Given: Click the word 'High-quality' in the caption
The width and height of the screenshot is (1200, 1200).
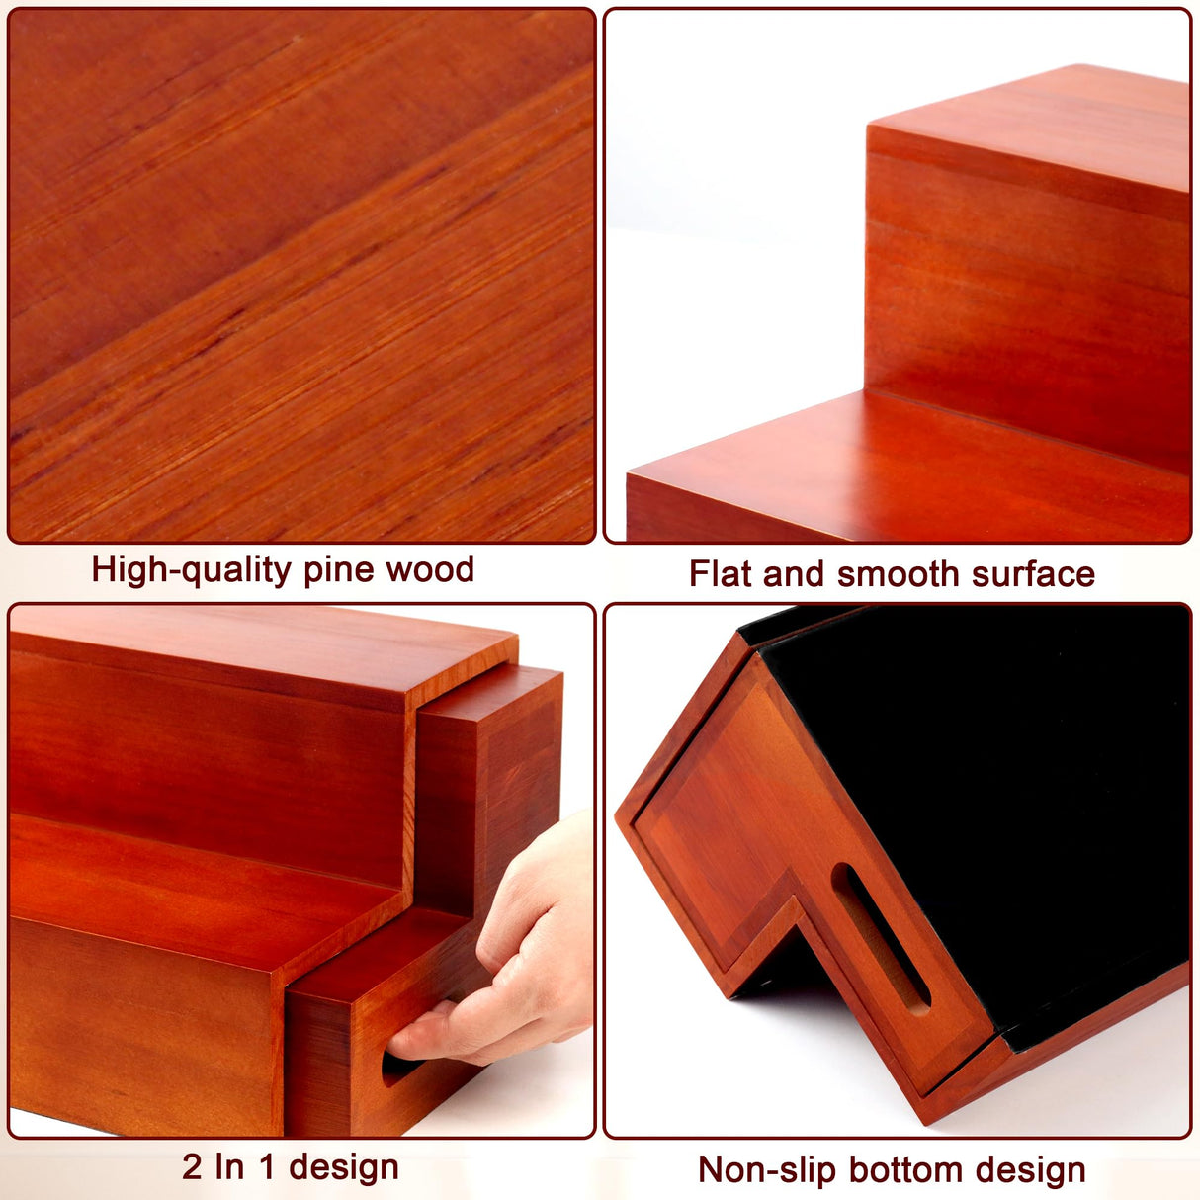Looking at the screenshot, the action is point(191,570).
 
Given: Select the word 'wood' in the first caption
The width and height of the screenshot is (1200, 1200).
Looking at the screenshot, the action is point(430,569).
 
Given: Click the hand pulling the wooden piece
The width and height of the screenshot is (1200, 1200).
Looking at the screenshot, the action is point(498,953).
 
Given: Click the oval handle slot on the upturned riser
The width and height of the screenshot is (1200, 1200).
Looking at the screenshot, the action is point(880,938).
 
